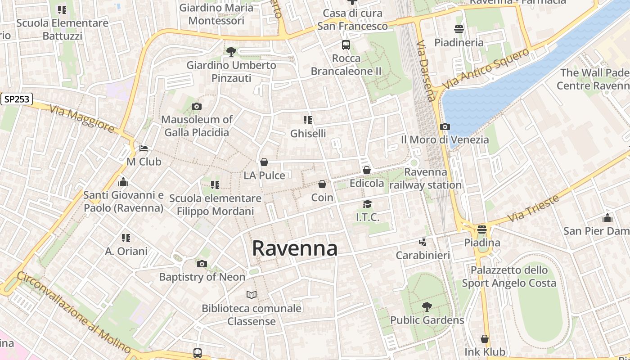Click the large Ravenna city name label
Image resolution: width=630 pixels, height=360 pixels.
click(x=295, y=248)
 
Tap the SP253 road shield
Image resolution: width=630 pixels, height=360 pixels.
click(x=17, y=99)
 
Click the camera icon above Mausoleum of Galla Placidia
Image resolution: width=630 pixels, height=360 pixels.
click(x=197, y=107)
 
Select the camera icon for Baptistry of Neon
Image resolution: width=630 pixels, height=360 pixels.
click(x=202, y=264)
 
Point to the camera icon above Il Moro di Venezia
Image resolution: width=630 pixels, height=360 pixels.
click(x=445, y=126)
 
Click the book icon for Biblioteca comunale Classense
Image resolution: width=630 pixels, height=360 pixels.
click(x=252, y=295)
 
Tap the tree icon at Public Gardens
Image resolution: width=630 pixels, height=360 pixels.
click(x=427, y=307)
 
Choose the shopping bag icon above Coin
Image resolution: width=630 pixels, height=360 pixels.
click(x=322, y=184)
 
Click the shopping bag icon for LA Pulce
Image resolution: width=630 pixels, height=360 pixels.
click(x=264, y=162)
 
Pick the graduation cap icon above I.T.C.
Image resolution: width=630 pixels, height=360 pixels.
click(x=368, y=204)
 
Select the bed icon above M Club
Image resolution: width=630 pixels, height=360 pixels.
click(x=144, y=148)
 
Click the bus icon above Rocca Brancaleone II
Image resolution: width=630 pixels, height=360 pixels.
click(x=346, y=45)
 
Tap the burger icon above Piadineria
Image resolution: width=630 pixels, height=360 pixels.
click(x=459, y=29)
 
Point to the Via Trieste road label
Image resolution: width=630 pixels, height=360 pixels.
click(x=533, y=208)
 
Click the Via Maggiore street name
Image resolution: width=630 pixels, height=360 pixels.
click(x=82, y=118)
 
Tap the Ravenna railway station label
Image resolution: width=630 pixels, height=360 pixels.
click(x=426, y=179)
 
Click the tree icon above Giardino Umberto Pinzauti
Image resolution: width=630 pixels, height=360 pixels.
click(x=231, y=52)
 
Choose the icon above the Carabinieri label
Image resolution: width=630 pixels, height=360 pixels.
click(x=423, y=242)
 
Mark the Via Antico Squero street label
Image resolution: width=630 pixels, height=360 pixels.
click(x=486, y=69)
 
